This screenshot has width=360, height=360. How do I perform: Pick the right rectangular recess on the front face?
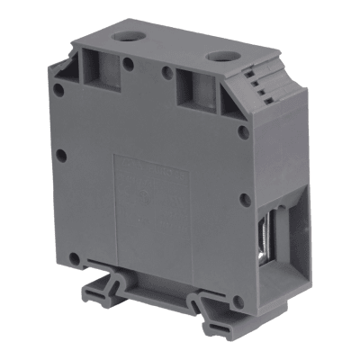pyautogui.click(x=193, y=88)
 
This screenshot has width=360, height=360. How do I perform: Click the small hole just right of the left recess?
pyautogui.click(x=130, y=65)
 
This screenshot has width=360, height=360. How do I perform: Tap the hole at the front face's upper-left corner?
pyautogui.click(x=58, y=89)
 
